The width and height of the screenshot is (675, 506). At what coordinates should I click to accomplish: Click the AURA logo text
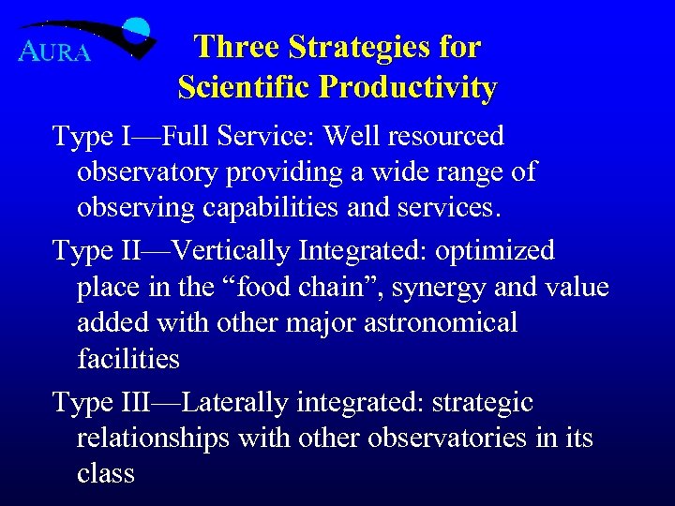[54, 52]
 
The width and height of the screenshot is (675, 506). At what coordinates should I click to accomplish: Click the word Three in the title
[237, 47]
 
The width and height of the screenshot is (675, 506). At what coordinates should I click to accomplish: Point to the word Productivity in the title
[408, 87]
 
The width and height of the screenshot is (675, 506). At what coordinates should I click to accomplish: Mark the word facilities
[128, 358]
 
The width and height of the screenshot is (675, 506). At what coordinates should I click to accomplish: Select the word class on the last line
[106, 474]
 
